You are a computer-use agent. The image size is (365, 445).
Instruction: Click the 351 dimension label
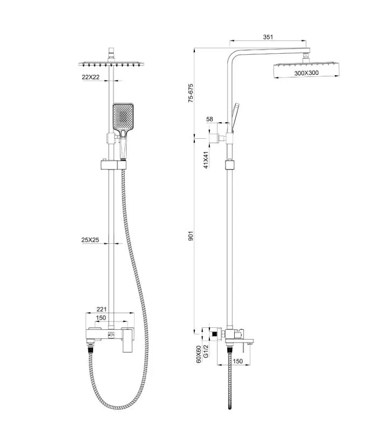pos(268,37)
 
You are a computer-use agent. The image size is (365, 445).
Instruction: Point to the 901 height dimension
pos(191,235)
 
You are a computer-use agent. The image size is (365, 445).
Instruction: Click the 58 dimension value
pos(210,119)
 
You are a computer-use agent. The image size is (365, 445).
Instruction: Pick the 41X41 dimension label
pos(206,160)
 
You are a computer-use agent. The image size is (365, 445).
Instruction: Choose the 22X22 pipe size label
pos(91,77)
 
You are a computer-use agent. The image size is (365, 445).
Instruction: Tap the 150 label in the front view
pos(101,318)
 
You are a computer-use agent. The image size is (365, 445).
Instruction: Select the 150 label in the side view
pos(238,361)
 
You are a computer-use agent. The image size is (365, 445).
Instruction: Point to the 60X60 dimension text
pos(199,355)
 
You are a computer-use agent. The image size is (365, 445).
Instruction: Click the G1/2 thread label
pos(206,356)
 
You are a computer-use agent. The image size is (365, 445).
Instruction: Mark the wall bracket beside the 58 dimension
pos(218,138)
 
